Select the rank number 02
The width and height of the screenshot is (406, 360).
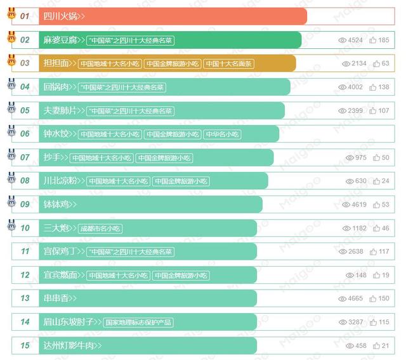25,40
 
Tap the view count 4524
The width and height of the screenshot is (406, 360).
355,40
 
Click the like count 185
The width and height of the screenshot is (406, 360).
384,40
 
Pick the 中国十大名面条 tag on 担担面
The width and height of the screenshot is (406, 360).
229,63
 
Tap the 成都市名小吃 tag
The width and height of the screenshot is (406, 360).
100,228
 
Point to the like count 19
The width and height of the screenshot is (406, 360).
386,275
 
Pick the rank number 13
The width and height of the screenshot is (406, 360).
25,298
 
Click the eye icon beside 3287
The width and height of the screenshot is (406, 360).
343,322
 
